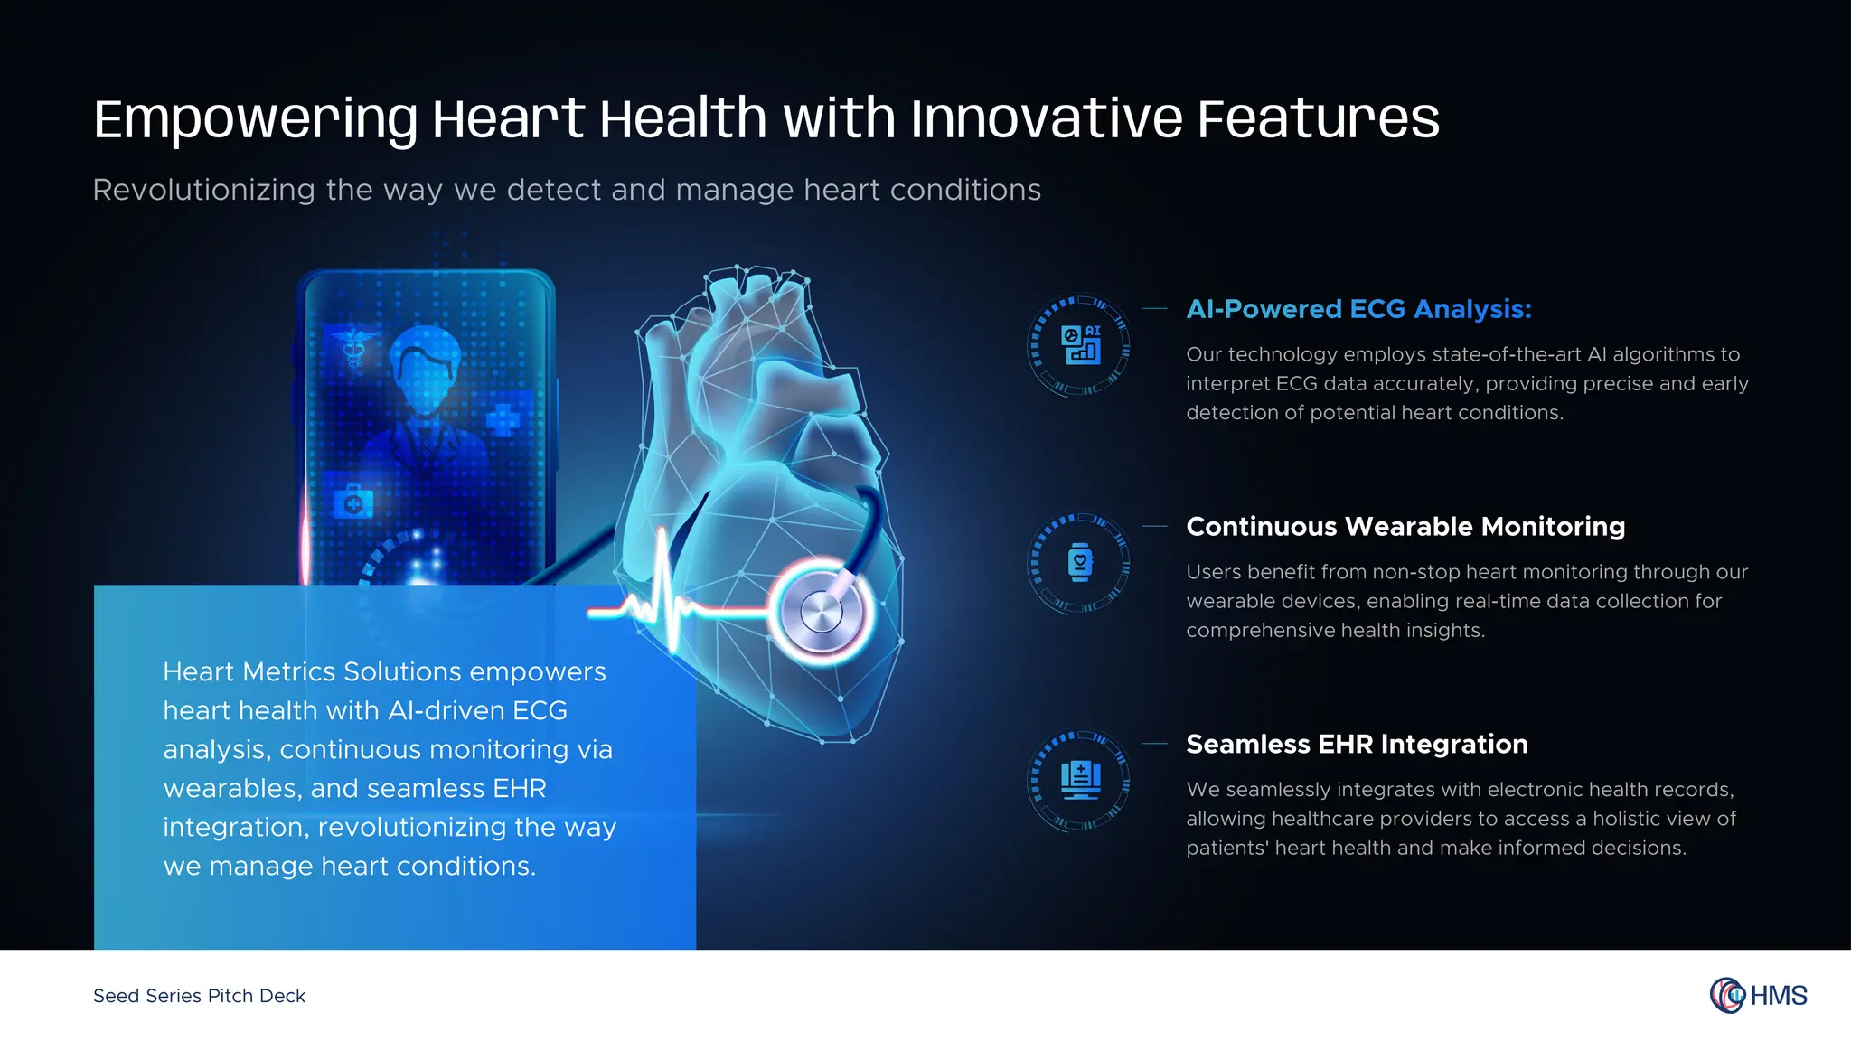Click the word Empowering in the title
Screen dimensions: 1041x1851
click(256, 119)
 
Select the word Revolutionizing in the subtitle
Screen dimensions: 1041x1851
click(203, 190)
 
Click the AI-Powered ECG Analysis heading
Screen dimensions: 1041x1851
click(1358, 309)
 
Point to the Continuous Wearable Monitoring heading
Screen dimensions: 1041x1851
click(1405, 527)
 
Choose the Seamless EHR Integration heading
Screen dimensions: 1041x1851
click(1357, 745)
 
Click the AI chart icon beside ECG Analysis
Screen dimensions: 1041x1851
click(1081, 345)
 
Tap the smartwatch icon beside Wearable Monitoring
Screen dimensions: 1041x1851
click(1080, 563)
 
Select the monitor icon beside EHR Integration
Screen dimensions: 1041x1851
click(1080, 780)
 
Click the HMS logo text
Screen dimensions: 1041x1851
click(1778, 996)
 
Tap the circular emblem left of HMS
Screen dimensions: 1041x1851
click(1727, 996)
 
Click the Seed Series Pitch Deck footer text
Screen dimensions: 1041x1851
click(199, 996)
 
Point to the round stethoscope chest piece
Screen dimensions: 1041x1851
click(822, 612)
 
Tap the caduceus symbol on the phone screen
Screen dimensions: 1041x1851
click(352, 349)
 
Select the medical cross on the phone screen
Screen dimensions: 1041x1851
click(502, 419)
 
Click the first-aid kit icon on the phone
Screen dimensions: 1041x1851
click(352, 502)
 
